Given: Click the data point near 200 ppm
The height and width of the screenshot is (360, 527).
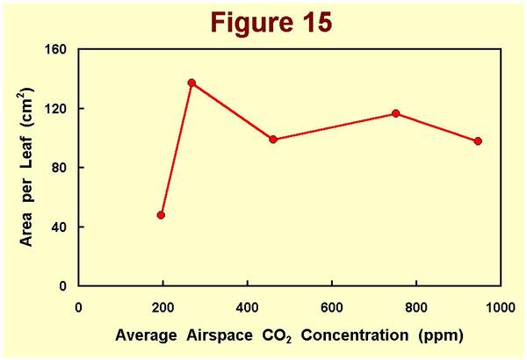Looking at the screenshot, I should pos(162,215).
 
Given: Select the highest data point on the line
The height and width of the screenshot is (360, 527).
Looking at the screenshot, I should pos(191,83).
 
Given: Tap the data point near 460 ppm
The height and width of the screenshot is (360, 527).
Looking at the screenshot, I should pos(273,140).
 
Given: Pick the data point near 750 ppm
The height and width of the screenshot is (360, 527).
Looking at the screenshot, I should pos(396,113).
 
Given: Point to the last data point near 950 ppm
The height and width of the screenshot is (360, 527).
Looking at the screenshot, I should pos(478,141).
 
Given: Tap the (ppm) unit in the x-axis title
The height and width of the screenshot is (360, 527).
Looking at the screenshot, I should pos(440,335).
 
